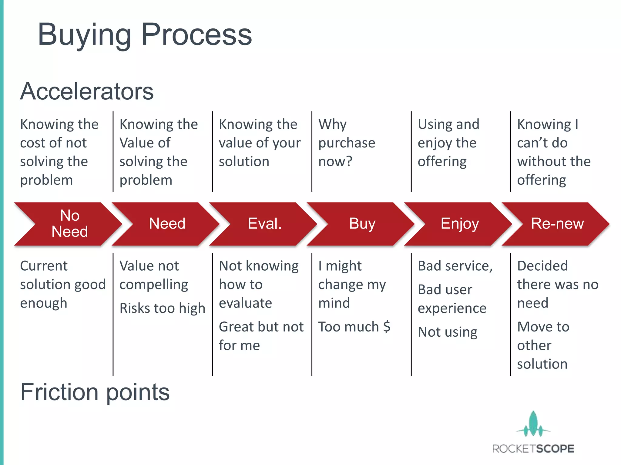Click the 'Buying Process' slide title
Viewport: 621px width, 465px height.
tap(145, 35)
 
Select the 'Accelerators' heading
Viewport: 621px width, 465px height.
tap(87, 91)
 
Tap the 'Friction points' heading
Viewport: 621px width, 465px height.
tap(95, 392)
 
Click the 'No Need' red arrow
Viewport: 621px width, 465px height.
tap(70, 224)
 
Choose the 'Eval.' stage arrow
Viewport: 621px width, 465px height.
tap(264, 224)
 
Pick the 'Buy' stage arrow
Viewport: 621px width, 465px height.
tap(362, 224)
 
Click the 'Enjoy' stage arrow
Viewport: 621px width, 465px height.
tap(460, 224)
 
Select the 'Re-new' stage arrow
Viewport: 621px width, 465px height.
tap(557, 224)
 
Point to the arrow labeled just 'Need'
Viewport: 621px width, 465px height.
tap(167, 224)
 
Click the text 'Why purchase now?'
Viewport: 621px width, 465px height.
tap(347, 143)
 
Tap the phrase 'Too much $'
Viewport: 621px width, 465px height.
tap(354, 327)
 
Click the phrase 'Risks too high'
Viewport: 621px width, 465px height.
tap(162, 308)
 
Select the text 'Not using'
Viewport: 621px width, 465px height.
tap(448, 332)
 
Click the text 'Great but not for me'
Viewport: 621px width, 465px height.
tap(261, 336)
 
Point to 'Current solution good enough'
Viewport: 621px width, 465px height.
tap(62, 285)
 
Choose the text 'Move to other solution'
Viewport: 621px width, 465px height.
tap(543, 345)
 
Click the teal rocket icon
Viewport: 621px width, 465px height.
tap(533, 424)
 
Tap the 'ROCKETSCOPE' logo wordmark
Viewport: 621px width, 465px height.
tap(533, 449)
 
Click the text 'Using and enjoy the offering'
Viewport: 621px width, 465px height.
tap(448, 143)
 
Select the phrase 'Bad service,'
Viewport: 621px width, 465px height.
tap(455, 266)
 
